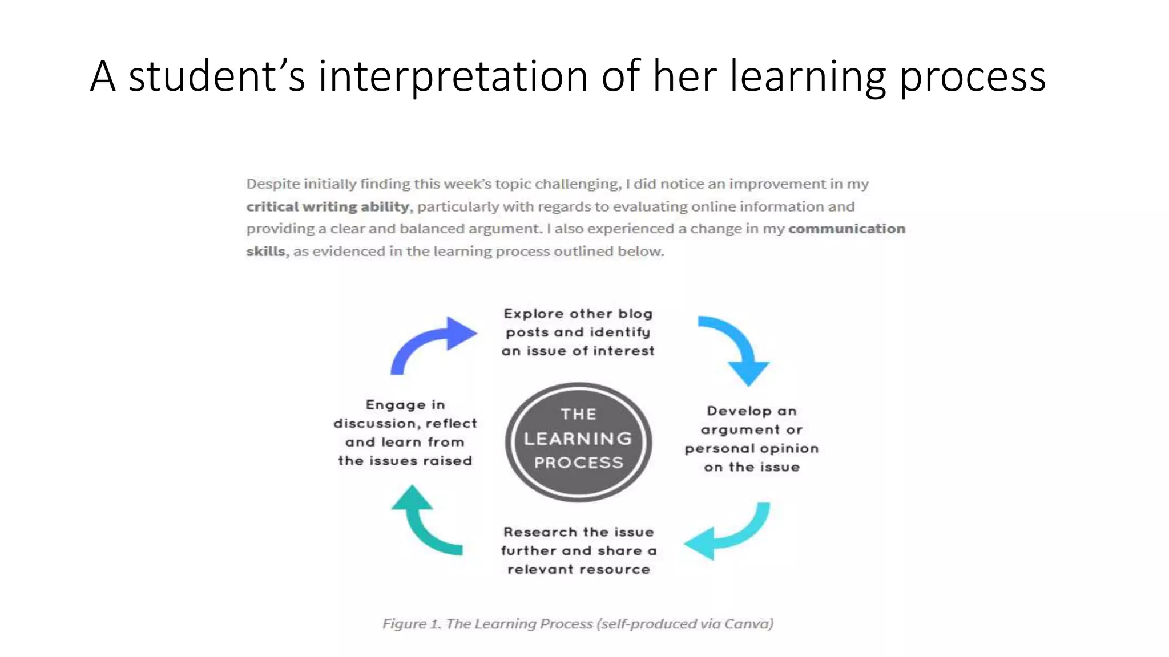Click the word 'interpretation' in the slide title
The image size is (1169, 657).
[452, 76]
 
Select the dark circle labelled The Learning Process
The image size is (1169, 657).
[578, 442]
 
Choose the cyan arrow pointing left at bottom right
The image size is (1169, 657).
[731, 533]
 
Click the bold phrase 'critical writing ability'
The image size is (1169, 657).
[328, 206]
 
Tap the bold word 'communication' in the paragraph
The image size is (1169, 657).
[846, 229]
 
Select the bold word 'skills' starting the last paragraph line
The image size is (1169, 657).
[265, 252]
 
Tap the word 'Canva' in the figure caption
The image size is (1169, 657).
[747, 624]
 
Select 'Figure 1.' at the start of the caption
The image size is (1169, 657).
[412, 624]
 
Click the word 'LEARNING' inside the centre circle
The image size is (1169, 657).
[578, 439]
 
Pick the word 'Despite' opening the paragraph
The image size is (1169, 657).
[273, 184]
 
